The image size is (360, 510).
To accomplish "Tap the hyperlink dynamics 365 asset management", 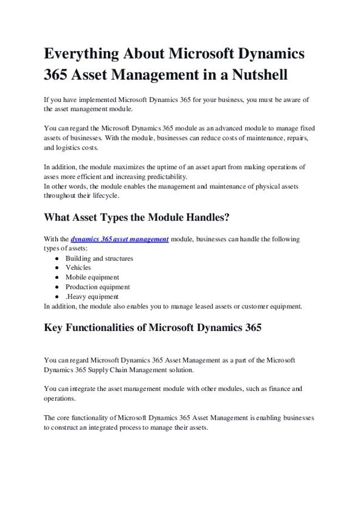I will (x=120, y=239).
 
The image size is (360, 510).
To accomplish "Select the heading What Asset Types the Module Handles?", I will (x=136, y=218).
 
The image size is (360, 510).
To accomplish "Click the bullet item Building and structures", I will (x=99, y=258).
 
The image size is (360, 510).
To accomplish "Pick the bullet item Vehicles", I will (x=78, y=268).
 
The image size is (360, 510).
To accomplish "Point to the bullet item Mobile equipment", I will (x=92, y=277).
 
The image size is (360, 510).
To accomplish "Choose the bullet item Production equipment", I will (x=97, y=287).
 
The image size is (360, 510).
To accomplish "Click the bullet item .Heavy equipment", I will (x=92, y=296).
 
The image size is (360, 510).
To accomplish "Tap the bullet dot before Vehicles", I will (x=58, y=268).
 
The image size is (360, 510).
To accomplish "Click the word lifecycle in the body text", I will (x=105, y=196).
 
